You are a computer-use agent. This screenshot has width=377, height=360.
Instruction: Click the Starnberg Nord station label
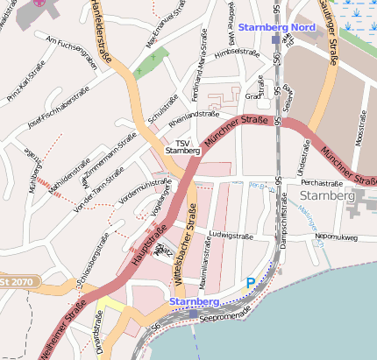pyautogui.click(x=276, y=28)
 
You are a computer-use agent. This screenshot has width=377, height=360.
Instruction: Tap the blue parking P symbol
pyautogui.click(x=251, y=284)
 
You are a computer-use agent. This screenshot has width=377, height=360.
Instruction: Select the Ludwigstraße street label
pyautogui.click(x=230, y=235)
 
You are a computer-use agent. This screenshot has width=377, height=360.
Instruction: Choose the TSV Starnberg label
pyautogui.click(x=182, y=146)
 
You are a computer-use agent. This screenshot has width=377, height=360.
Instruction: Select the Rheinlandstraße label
pyautogui.click(x=193, y=114)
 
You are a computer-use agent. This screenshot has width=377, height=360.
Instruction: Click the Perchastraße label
pyautogui.click(x=320, y=183)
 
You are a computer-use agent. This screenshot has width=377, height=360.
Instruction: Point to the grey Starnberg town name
pyautogui.click(x=326, y=195)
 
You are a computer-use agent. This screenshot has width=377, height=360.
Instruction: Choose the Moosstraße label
pyautogui.click(x=360, y=128)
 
